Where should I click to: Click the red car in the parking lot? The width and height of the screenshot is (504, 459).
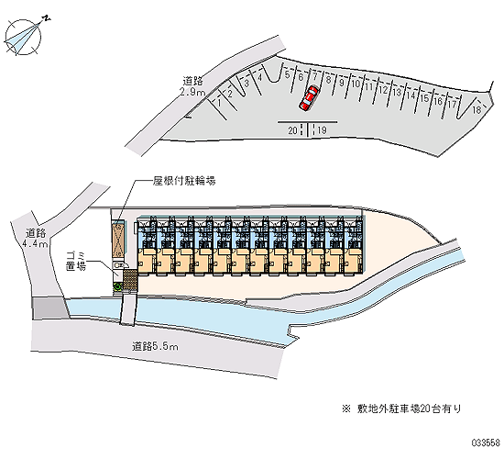tap(309, 98)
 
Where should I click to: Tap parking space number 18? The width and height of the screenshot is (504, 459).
tap(477, 109)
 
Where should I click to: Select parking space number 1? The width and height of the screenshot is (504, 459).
tap(219, 103)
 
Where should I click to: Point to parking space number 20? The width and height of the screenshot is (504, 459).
tap(292, 130)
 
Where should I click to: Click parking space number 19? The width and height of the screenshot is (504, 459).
tap(322, 130)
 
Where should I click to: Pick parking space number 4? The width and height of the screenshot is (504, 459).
tap(260, 77)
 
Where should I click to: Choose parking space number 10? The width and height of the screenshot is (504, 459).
tap(356, 84)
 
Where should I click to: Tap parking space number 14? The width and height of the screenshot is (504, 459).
tap(411, 95)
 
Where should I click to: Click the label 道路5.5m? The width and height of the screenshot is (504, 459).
tap(155, 347)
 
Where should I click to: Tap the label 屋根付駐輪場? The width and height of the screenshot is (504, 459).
tap(184, 181)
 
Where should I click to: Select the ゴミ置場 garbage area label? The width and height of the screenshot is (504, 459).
tap(76, 262)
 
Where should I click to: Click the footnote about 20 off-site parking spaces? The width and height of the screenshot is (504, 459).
tap(401, 409)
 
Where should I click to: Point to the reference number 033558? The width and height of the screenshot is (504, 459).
tap(486, 442)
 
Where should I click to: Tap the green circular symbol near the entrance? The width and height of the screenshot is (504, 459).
tap(117, 286)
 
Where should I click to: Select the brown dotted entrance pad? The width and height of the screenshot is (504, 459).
tap(130, 280)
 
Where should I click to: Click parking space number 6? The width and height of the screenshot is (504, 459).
tap(301, 77)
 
